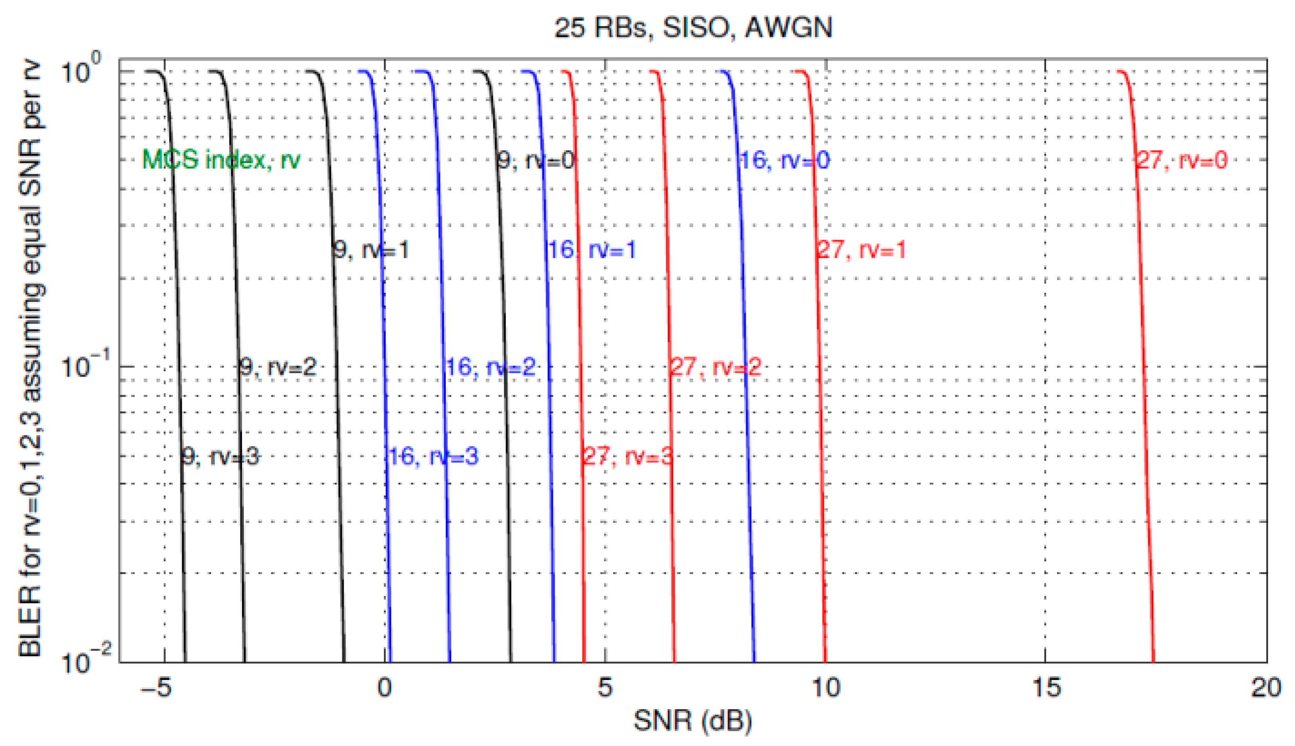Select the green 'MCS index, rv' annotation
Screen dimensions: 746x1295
click(x=221, y=160)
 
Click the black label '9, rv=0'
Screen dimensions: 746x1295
click(x=536, y=160)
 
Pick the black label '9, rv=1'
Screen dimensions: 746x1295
click(x=371, y=250)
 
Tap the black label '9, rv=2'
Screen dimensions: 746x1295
click(x=279, y=367)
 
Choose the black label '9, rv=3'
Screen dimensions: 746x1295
click(x=221, y=456)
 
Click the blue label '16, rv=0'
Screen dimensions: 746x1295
click(x=785, y=160)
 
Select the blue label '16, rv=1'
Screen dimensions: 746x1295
click(x=592, y=250)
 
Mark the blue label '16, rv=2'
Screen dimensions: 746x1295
click(x=490, y=367)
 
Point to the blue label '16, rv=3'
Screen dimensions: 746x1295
click(x=433, y=456)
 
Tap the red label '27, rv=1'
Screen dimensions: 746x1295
click(x=862, y=250)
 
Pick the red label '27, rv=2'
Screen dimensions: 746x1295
click(x=716, y=367)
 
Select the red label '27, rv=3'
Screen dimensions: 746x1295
click(x=628, y=456)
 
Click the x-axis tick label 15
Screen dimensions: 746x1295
click(x=1046, y=688)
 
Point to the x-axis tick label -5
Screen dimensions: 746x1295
click(x=157, y=688)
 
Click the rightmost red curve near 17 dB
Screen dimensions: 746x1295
click(x=1142, y=359)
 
